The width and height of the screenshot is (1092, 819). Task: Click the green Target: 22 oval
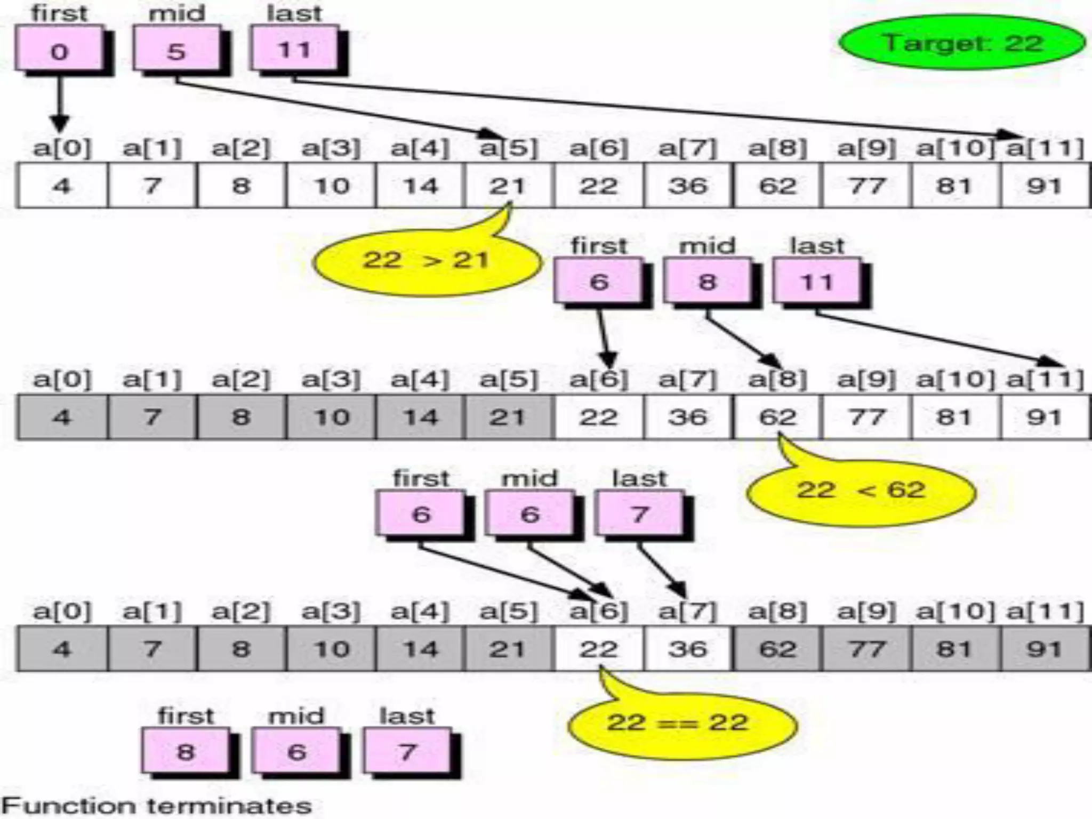point(962,43)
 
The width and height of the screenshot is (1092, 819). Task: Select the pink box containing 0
point(59,50)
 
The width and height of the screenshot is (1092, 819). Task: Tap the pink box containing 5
point(176,50)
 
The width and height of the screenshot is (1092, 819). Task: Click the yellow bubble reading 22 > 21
point(427,261)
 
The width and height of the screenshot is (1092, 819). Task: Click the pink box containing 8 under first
point(185,751)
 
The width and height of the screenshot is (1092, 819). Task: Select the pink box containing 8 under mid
point(707,282)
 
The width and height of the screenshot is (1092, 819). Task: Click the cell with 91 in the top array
point(1044,186)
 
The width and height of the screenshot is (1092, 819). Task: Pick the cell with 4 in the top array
point(62,186)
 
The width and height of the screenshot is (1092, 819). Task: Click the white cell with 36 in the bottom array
point(688,649)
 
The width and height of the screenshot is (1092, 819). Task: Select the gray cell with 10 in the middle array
point(332,416)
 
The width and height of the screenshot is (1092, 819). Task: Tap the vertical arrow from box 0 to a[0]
point(59,104)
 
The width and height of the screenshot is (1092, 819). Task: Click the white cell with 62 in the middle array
point(777,416)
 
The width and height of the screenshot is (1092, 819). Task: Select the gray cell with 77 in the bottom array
point(866,649)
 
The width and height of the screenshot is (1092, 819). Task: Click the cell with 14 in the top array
point(421,186)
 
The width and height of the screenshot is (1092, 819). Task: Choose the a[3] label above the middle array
point(331,380)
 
